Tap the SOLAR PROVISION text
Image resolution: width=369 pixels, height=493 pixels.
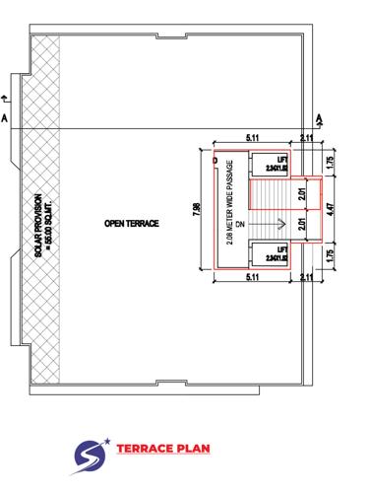(x=42, y=225)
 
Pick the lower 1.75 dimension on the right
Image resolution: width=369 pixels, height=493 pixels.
(x=331, y=259)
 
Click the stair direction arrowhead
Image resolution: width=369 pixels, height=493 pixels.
(x=281, y=224)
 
